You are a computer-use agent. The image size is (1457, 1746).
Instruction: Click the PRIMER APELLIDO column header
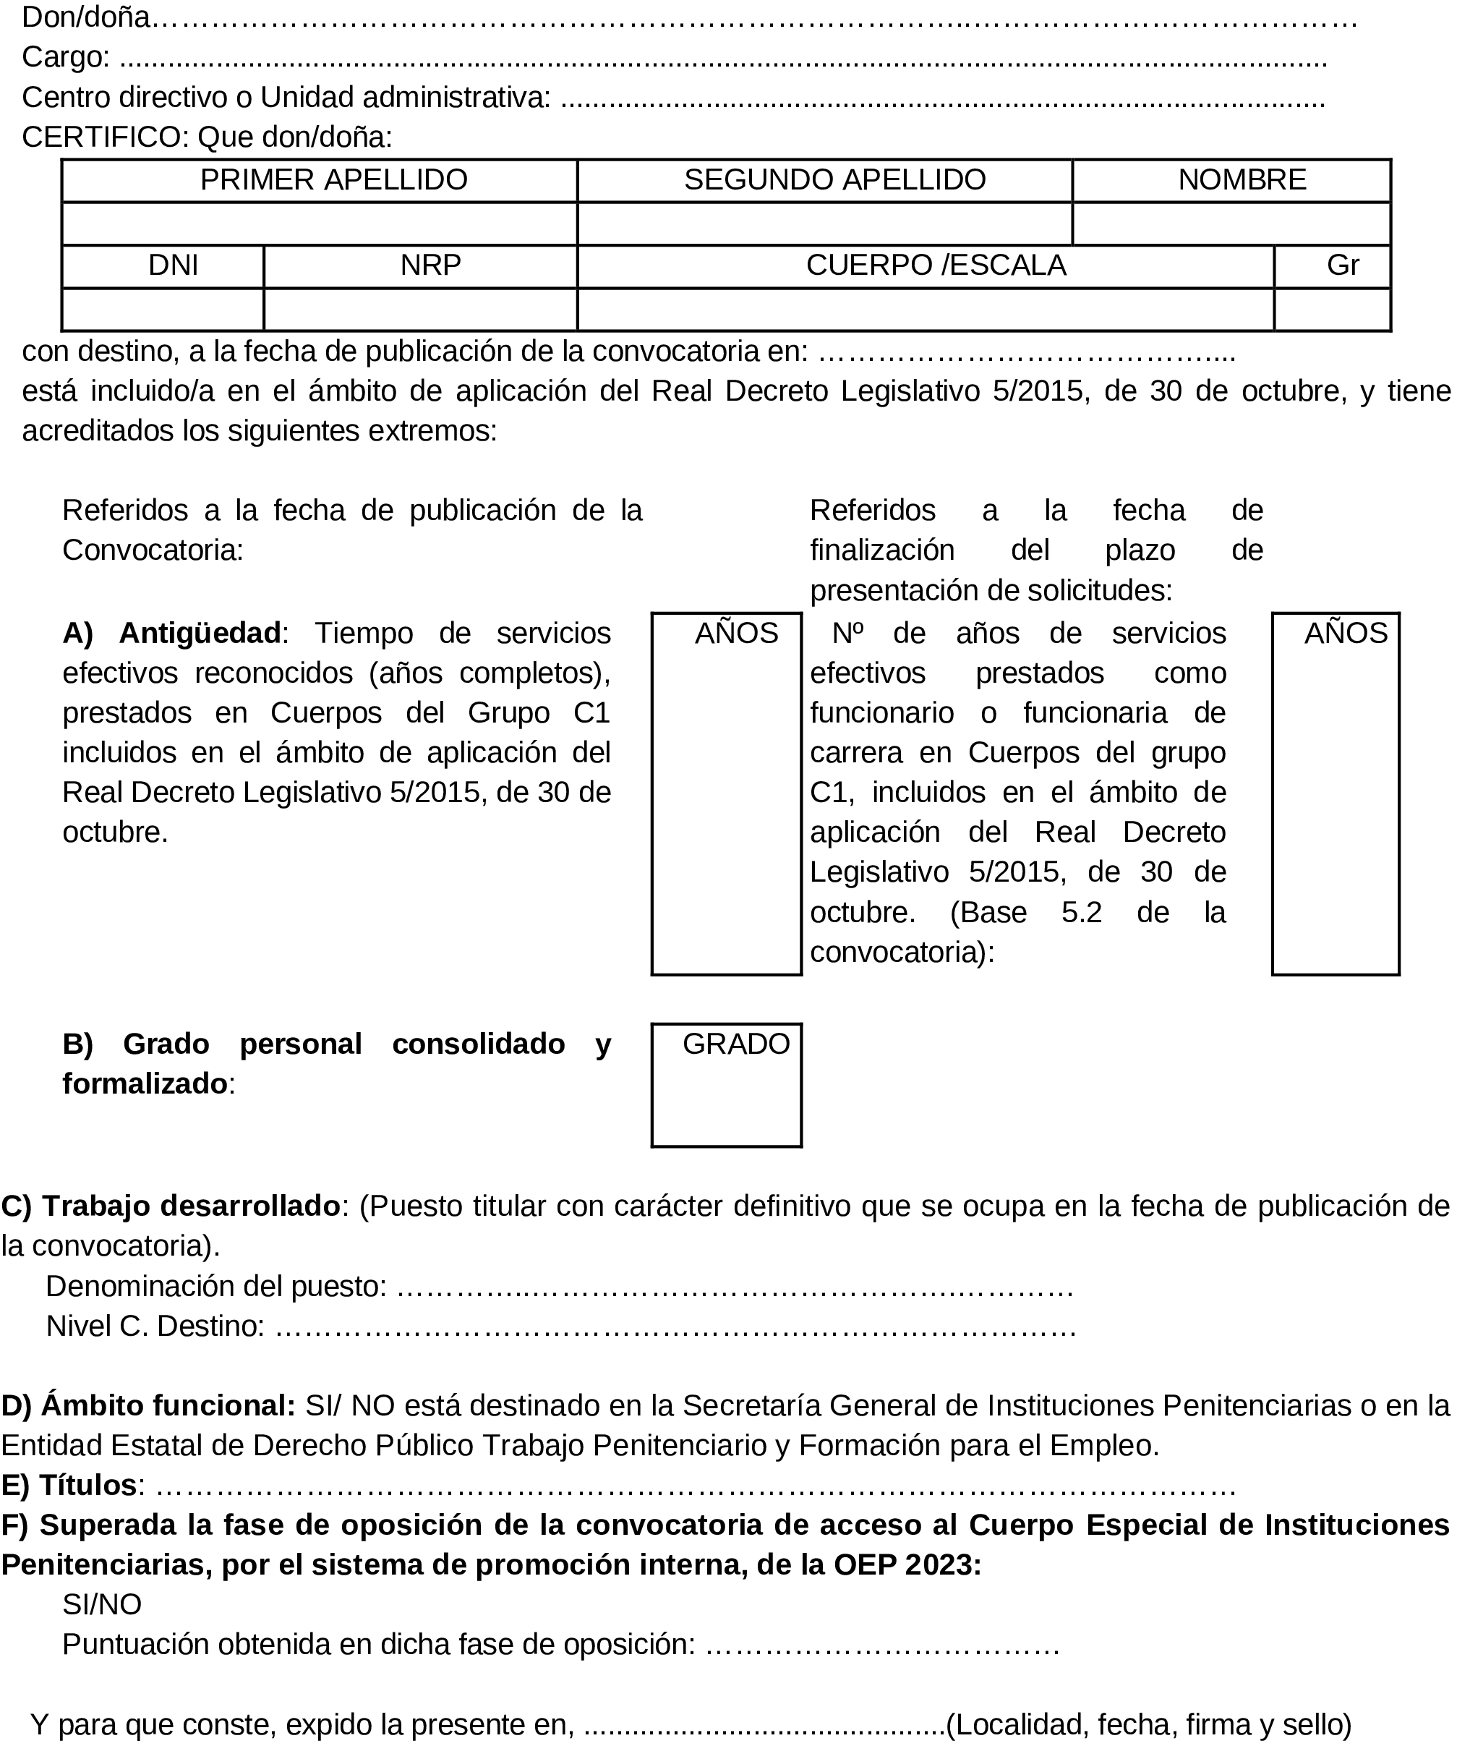[333, 179]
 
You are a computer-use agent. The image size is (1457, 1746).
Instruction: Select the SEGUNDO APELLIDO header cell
[834, 179]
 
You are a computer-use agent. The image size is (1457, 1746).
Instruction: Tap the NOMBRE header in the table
[1242, 179]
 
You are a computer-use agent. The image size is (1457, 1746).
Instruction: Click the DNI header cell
[173, 265]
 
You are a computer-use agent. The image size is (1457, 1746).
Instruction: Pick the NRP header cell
[430, 265]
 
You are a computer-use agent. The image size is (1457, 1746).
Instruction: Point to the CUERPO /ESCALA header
[936, 265]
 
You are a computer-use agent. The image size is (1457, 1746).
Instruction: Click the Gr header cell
[1342, 265]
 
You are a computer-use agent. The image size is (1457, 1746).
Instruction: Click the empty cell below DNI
[163, 310]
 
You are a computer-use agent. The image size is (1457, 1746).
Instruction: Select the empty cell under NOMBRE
[1231, 223]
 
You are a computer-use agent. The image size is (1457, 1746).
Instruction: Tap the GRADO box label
[735, 1044]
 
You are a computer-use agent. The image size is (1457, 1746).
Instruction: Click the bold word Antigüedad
[200, 634]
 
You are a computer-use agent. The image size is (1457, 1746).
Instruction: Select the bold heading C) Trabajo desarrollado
[171, 1206]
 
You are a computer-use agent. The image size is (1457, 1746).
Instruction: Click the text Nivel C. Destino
[155, 1325]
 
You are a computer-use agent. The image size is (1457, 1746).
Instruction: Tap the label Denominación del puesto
[216, 1286]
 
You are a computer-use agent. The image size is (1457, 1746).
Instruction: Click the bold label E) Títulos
[70, 1485]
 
